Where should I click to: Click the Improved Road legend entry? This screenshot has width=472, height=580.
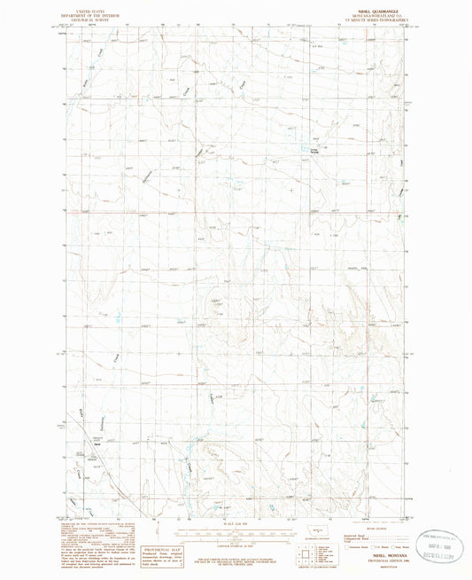pyautogui.click(x=358, y=536)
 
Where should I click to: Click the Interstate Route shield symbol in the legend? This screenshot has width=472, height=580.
pyautogui.click(x=348, y=547)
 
